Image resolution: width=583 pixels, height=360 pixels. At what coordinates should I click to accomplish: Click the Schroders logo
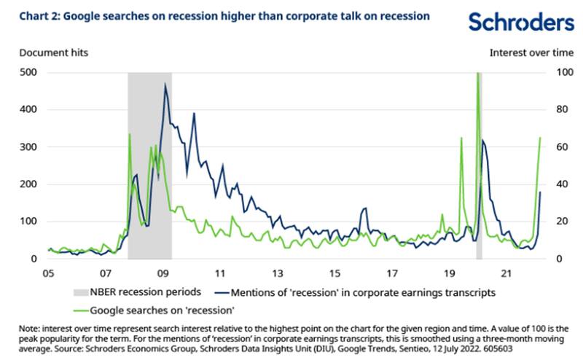[x=520, y=23]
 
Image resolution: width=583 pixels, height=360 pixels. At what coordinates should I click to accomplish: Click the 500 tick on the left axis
[x=27, y=72]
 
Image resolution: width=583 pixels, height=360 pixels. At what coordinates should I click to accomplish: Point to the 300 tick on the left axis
[x=27, y=146]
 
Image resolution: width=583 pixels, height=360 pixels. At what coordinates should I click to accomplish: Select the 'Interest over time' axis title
[x=531, y=52]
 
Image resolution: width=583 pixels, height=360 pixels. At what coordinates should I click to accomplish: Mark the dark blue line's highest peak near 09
[x=165, y=85]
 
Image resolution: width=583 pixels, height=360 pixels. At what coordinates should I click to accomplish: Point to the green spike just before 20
[x=462, y=138]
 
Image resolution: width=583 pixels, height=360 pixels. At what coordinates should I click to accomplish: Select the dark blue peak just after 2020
[x=483, y=140]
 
